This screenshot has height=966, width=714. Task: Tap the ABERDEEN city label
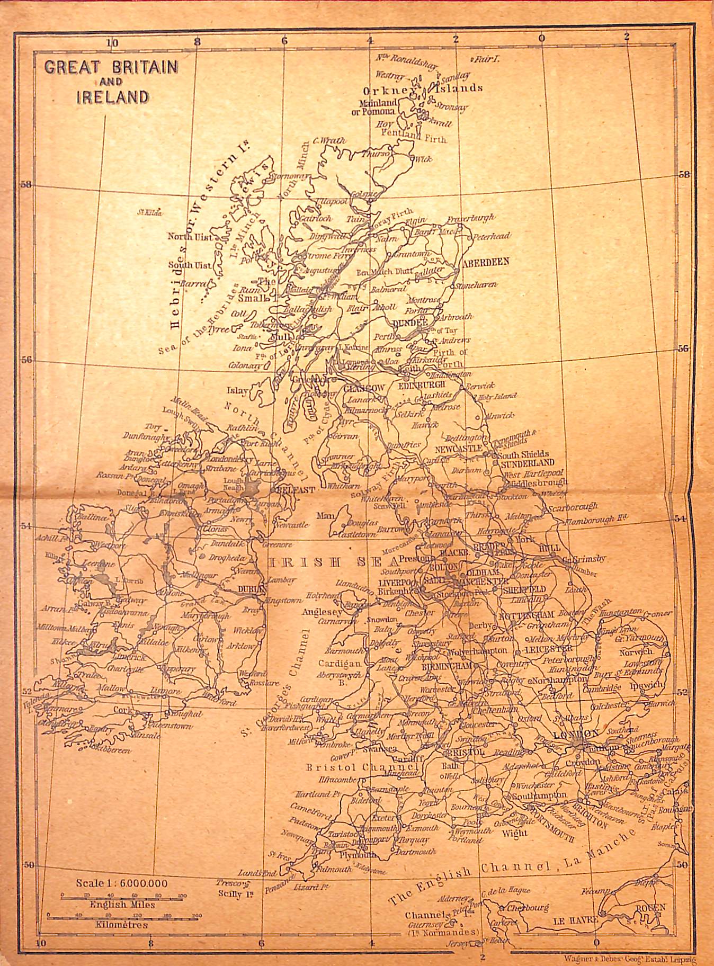click(485, 262)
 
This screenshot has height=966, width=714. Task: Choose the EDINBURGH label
click(422, 386)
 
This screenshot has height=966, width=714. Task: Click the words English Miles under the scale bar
click(122, 905)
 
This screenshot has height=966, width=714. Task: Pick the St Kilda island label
click(149, 213)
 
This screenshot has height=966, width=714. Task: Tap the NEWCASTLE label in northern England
click(458, 448)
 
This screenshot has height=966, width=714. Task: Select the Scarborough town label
click(573, 506)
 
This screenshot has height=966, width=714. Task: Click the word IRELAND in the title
click(112, 96)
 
